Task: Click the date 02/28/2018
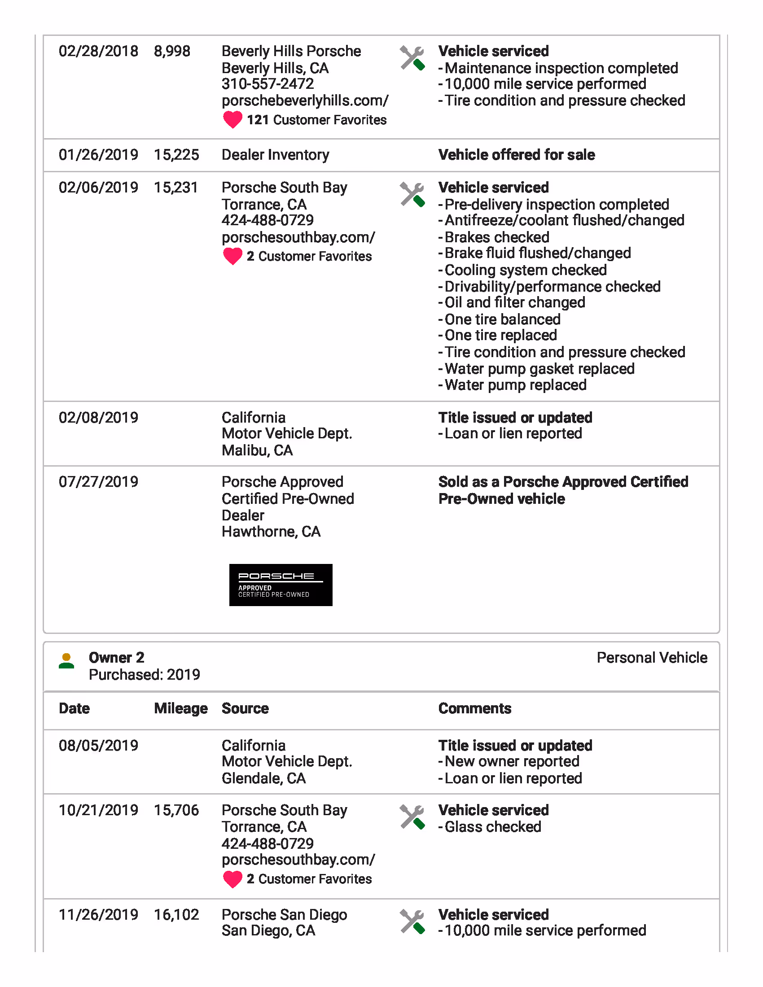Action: tap(99, 51)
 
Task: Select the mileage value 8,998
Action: tap(172, 51)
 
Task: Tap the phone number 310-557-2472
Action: tap(267, 84)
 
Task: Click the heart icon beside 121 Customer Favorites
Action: tap(233, 120)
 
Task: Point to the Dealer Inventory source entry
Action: tap(275, 155)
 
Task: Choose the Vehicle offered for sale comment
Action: tap(516, 155)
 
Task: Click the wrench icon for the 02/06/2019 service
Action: tap(412, 195)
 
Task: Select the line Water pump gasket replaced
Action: tap(539, 369)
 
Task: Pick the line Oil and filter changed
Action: tap(514, 302)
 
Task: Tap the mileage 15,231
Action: tap(176, 188)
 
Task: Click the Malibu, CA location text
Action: tap(257, 450)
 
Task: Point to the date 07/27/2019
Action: tap(99, 482)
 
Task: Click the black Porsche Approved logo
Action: tap(281, 585)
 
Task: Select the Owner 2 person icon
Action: tap(66, 661)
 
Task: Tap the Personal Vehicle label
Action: tap(652, 658)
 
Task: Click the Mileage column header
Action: tap(181, 708)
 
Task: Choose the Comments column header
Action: tap(474, 708)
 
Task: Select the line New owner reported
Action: tap(512, 761)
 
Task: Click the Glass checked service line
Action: tap(493, 827)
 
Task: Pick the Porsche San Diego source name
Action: tap(284, 915)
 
